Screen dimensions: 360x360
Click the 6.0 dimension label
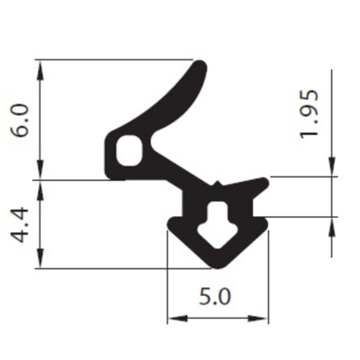click(x=22, y=121)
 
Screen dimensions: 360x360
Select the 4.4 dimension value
click(x=22, y=224)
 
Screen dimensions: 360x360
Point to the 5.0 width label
click(x=215, y=297)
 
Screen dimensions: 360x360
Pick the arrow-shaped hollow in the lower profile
click(x=218, y=224)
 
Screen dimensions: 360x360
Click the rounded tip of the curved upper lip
click(x=200, y=66)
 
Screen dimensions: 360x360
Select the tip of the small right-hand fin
click(x=265, y=182)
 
